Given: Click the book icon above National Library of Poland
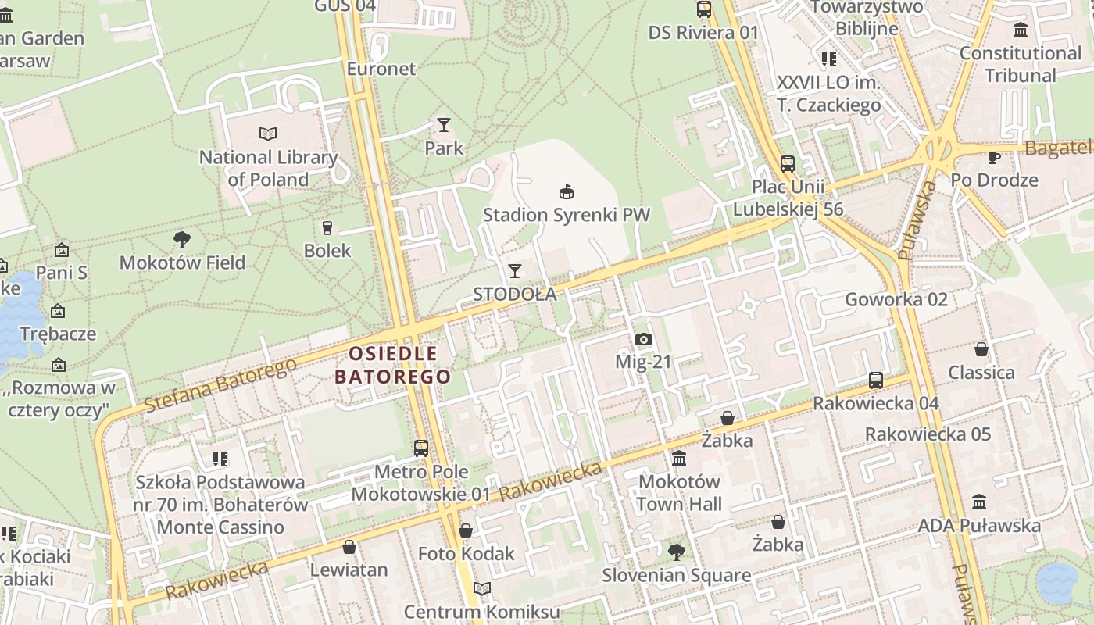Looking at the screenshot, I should (268, 134).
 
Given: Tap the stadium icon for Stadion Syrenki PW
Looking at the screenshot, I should (567, 191).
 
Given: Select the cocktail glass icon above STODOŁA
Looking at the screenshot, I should (514, 271).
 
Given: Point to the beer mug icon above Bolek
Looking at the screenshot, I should (327, 228).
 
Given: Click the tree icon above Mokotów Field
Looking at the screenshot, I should (182, 239).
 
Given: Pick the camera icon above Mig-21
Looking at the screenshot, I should (643, 339).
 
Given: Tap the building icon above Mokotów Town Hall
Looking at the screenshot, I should (678, 458).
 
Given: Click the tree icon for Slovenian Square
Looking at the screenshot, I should (676, 552).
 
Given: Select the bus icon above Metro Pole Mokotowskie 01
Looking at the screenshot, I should (421, 448).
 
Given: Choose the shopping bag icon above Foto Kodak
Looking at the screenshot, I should (466, 530).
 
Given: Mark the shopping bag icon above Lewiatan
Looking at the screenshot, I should (349, 546).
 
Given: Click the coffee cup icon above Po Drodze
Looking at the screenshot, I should (994, 157).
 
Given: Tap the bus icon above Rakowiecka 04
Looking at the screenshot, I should (876, 380).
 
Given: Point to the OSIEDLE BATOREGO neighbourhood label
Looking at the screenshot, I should (393, 365).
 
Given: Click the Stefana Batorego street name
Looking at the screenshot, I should (220, 386).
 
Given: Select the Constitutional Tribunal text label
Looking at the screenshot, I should (1020, 64).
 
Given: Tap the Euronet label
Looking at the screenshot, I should (381, 69).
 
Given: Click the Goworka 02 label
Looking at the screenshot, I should (896, 299).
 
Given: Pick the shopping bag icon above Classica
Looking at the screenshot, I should (981, 349).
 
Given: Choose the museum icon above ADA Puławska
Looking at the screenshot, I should (979, 502).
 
